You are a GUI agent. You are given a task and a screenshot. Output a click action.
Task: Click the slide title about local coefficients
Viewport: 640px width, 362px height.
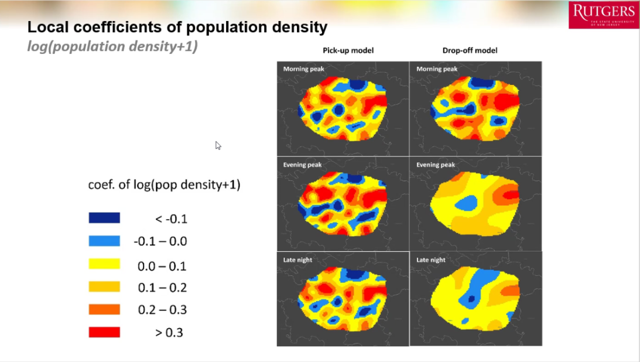tap(177, 27)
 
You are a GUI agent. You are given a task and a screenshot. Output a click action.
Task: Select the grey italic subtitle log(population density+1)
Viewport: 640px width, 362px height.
tap(112, 46)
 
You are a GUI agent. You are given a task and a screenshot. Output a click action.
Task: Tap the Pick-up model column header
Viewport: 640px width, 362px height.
tap(348, 50)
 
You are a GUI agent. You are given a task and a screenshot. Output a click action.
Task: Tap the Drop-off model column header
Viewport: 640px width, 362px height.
tap(470, 50)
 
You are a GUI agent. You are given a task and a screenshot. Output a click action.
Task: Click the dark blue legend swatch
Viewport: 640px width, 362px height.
tap(104, 218)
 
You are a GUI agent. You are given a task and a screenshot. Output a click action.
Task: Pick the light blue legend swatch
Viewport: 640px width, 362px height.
tap(104, 241)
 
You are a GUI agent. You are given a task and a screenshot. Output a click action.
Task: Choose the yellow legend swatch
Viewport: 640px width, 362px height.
tap(104, 264)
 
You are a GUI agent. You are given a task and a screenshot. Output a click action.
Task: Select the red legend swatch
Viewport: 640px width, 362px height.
tap(104, 332)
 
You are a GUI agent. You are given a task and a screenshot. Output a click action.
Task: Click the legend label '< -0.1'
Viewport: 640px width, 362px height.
tap(171, 219)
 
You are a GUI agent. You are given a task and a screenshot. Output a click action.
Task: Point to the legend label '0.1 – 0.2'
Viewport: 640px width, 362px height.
tap(162, 288)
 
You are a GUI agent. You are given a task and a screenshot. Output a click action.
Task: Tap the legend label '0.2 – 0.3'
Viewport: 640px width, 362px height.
tap(162, 310)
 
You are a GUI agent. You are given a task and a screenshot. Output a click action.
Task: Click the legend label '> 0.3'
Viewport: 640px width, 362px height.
tap(169, 333)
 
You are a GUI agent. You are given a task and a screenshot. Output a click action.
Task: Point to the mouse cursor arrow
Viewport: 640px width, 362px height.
tap(218, 145)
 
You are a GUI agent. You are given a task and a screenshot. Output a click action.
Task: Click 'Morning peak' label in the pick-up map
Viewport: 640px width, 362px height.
tap(303, 69)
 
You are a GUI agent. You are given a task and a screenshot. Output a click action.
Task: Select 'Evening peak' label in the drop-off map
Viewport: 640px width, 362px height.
tap(436, 165)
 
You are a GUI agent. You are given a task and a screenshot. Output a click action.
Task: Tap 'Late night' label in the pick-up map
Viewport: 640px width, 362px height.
tap(297, 259)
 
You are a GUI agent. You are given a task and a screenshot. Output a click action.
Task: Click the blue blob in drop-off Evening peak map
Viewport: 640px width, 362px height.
tap(466, 203)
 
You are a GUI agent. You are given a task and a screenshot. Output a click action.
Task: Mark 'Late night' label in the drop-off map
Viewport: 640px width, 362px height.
tap(430, 259)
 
